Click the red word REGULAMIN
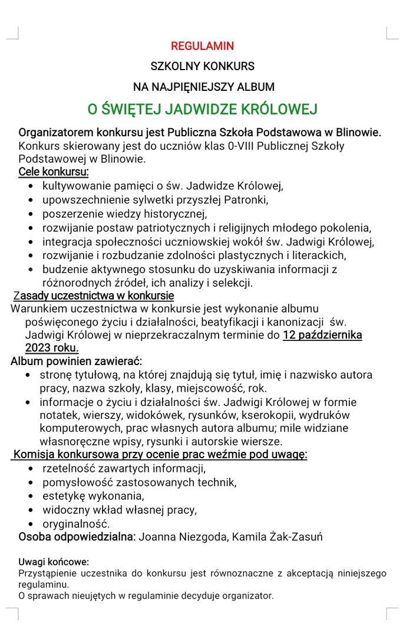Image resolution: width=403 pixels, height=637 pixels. coord(202,45)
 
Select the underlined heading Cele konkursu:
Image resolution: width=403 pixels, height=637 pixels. coord(54,172)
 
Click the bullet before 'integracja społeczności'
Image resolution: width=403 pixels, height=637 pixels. coord(31,242)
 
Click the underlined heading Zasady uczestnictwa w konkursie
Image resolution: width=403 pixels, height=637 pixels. coord(93,295)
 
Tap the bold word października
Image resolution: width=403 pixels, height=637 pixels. coord(332,335)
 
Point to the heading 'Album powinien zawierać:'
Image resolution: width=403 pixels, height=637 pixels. coord(76,361)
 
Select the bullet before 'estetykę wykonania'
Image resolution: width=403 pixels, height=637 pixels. coord(31,496)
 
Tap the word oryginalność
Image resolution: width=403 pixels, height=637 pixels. coord(76,523)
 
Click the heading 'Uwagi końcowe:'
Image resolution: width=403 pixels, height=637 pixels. coord(54,562)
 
